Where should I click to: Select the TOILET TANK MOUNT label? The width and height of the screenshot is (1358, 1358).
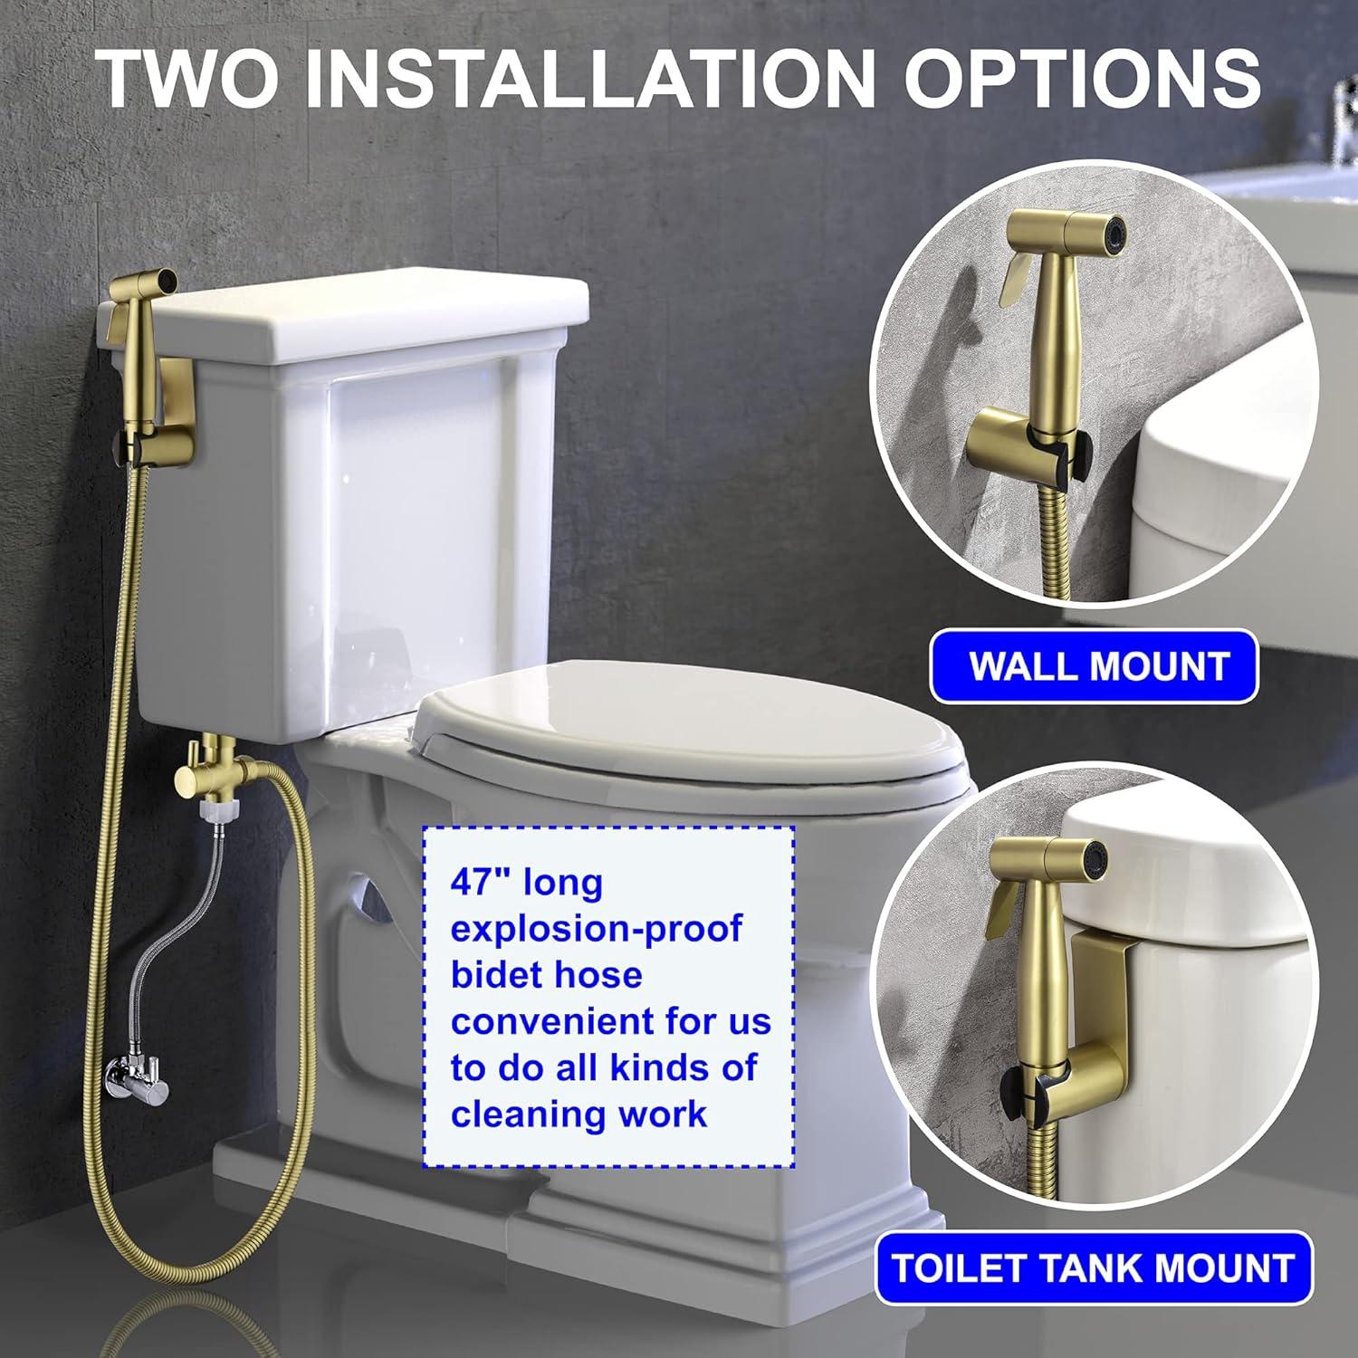tap(1093, 1267)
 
